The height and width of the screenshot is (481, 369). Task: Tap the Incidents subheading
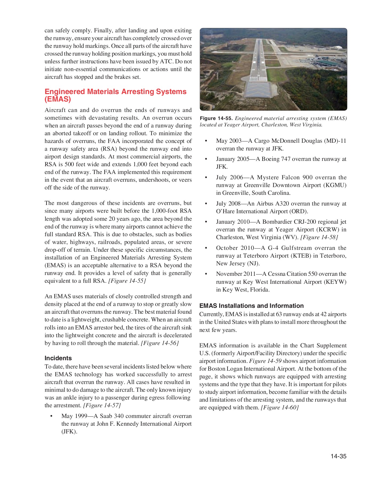click(58, 358)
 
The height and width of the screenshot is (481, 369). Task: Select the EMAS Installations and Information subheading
click(251, 306)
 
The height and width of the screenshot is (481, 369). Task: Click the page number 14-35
click(338, 456)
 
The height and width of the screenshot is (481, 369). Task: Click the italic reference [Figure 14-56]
click(160, 343)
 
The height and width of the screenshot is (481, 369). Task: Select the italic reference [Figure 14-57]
click(102, 405)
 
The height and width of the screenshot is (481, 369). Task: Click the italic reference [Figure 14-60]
click(280, 408)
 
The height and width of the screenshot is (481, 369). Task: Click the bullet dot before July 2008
click(206, 204)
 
